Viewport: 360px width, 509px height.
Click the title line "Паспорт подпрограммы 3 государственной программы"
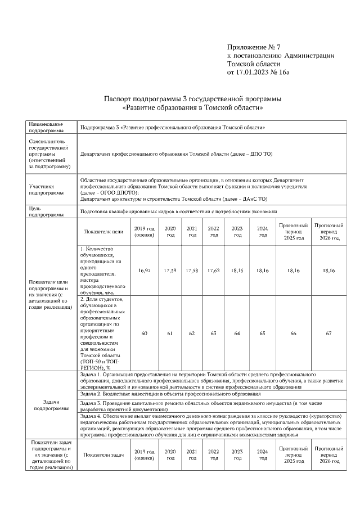pos(192,99)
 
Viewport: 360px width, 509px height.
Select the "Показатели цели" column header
pos(103,231)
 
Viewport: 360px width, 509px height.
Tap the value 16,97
pos(144,271)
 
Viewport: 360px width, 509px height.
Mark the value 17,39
pos(170,271)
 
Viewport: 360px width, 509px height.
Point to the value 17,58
pos(192,271)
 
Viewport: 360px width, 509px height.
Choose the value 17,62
pos(214,271)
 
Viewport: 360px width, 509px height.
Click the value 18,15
pos(237,271)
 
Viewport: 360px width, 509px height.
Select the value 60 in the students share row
pos(144,334)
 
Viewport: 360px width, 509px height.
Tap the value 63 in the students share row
pos(214,334)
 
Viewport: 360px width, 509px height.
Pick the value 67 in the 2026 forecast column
pos(328,334)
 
